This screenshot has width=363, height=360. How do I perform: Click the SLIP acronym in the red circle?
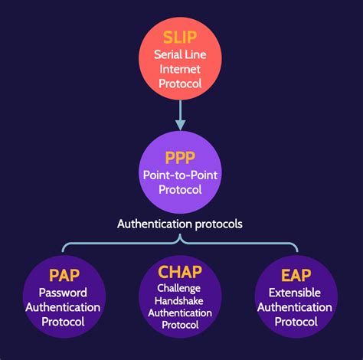181,37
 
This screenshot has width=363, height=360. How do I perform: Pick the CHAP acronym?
181,272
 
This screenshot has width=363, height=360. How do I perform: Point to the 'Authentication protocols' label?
181,224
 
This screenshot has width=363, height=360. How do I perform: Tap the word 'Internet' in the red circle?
181,69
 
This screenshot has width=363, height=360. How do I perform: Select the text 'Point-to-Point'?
181,176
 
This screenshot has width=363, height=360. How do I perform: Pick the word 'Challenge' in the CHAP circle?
181,290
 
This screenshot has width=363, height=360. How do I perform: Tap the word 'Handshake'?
181,301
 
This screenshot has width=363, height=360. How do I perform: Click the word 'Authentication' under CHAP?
181,313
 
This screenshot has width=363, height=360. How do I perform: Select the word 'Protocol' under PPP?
181,191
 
